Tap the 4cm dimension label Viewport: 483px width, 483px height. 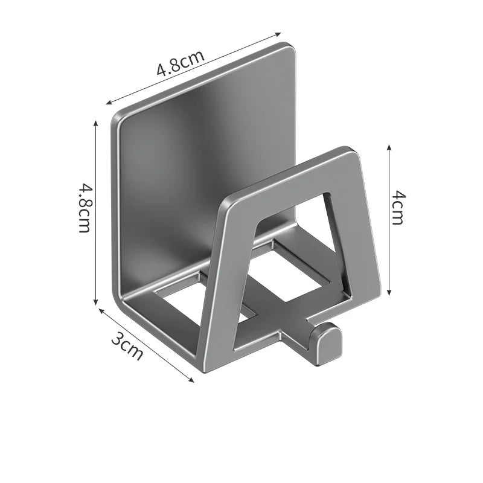click(397, 207)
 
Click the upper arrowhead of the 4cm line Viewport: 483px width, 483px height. click(389, 147)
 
